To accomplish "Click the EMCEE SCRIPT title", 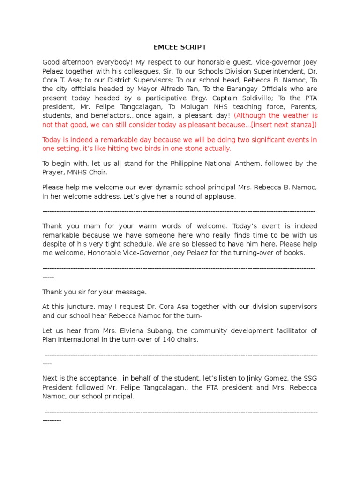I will coord(180,47).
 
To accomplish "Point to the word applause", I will coord(219,196).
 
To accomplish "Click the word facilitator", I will coord(289,330).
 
